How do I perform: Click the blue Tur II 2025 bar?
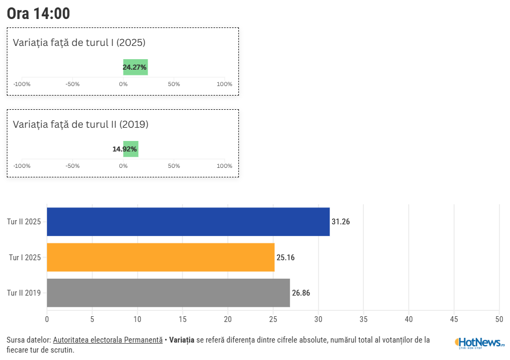tap(188, 222)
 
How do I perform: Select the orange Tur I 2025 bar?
tap(160, 258)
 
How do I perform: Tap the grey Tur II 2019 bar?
tap(168, 293)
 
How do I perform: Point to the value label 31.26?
tap(341, 222)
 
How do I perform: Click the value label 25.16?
tap(285, 258)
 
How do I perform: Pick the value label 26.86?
tap(301, 293)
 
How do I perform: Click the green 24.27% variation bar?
tap(136, 67)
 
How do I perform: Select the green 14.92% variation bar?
tap(131, 149)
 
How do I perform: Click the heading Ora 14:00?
tap(39, 14)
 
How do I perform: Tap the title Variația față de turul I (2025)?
tap(79, 43)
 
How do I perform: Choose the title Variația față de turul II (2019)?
tap(81, 125)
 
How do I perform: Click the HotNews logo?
tap(479, 343)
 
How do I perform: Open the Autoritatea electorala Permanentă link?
tap(108, 340)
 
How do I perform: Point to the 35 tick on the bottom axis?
tap(363, 319)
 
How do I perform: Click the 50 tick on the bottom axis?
tap(499, 319)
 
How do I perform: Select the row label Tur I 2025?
tap(25, 258)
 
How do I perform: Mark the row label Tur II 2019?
tap(24, 293)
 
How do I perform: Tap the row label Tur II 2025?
tap(24, 222)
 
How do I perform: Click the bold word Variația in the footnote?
tap(181, 340)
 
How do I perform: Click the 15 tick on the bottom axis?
tap(182, 319)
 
